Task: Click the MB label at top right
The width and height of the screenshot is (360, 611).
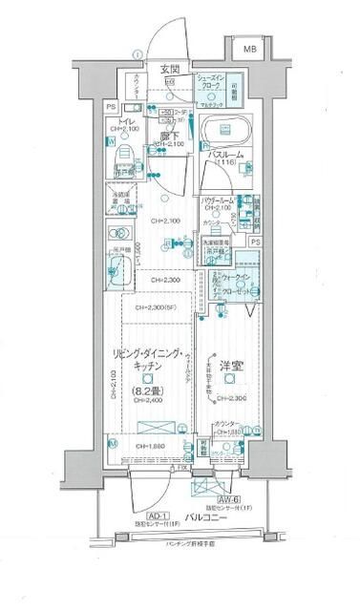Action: (248, 49)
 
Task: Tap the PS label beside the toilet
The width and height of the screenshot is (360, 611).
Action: (111, 107)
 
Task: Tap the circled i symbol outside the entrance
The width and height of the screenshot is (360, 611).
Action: (138, 54)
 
